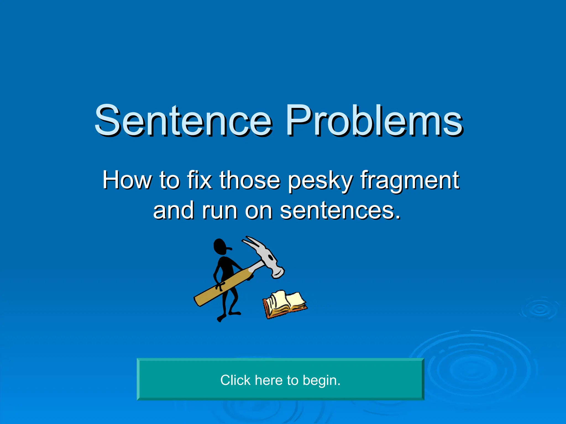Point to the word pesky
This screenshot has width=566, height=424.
point(320,181)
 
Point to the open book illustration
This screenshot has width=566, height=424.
point(285,304)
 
